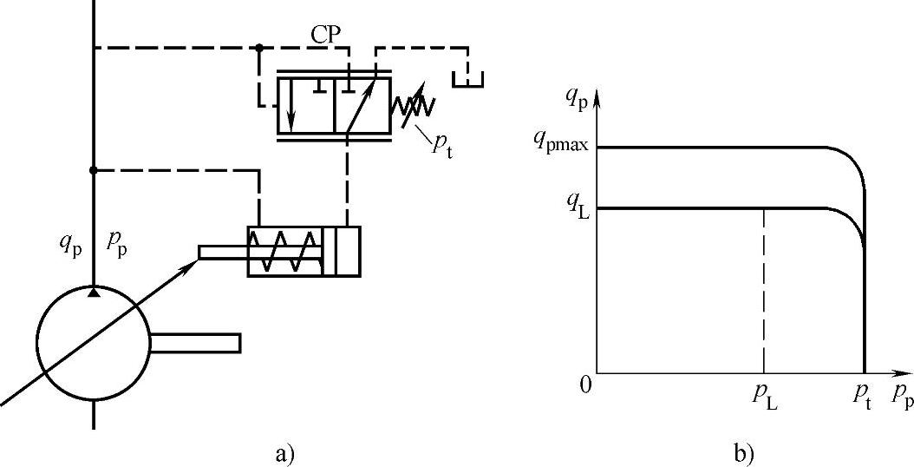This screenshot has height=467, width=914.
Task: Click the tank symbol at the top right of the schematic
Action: tap(468, 77)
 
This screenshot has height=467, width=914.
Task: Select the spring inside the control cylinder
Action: tap(284, 252)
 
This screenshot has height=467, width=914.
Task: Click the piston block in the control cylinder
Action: tap(341, 252)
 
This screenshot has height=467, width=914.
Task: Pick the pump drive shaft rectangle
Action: tap(195, 343)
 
